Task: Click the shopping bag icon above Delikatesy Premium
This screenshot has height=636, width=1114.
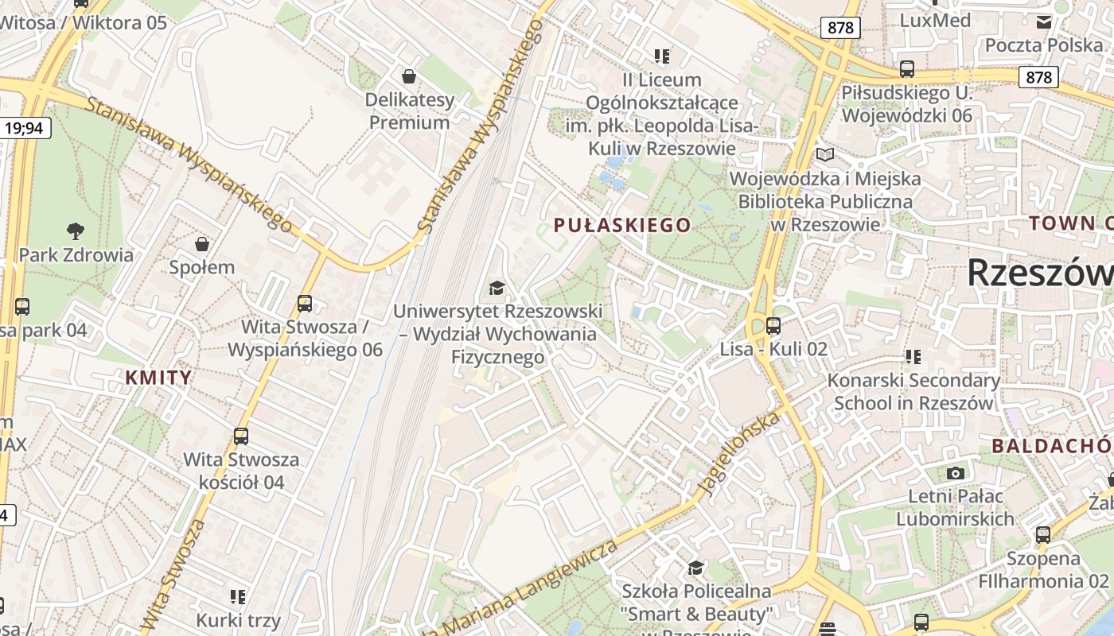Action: click(x=409, y=76)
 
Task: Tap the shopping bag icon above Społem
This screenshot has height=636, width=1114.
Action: click(x=202, y=243)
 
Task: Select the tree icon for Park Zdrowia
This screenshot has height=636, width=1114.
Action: click(x=76, y=231)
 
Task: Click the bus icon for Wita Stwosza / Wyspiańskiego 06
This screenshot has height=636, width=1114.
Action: click(x=305, y=303)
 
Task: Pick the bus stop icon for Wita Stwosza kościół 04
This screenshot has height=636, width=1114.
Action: click(x=241, y=436)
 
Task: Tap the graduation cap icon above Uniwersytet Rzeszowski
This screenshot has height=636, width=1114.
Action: click(x=497, y=287)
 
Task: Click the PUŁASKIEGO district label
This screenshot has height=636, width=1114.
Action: click(x=622, y=225)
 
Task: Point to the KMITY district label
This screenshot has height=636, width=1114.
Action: click(x=159, y=377)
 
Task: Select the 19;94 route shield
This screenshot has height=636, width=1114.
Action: click(x=25, y=127)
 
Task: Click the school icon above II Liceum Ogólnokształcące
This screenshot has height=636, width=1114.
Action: click(x=662, y=56)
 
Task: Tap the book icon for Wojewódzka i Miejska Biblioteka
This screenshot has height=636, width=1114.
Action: click(x=825, y=154)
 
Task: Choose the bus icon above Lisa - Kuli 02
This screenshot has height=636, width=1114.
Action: click(x=773, y=325)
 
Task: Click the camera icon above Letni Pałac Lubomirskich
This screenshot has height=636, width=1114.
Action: click(x=956, y=473)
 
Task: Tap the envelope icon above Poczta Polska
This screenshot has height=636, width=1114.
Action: click(x=1043, y=21)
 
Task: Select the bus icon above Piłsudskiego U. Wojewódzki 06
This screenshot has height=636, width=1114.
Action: click(x=907, y=69)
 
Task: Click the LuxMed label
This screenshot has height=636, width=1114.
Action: click(x=935, y=20)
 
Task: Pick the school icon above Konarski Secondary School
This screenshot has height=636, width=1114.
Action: click(x=913, y=357)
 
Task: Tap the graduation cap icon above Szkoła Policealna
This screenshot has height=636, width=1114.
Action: click(x=696, y=568)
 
